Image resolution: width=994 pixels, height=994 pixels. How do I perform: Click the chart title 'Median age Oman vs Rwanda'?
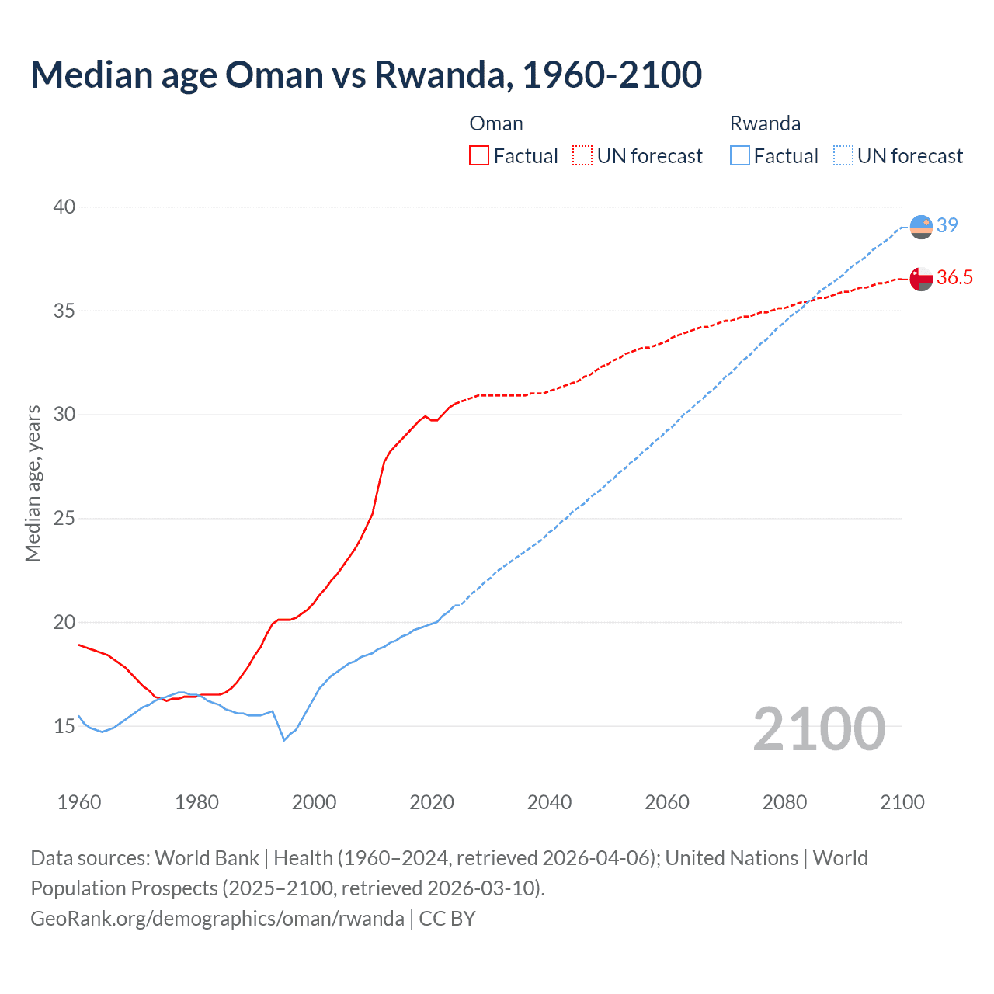366,75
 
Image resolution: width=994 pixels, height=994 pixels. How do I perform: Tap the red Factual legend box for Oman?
479,155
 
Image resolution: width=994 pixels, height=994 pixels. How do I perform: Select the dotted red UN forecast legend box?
582,155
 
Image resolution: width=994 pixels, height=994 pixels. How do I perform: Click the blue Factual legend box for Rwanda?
740,155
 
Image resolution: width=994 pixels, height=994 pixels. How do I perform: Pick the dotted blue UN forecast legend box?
843,155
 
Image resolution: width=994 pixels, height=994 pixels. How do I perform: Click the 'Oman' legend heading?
496,123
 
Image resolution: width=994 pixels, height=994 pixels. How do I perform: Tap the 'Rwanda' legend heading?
765,123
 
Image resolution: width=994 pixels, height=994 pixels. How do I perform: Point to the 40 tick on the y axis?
64,207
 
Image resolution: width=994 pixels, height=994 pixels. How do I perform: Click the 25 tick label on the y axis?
64,518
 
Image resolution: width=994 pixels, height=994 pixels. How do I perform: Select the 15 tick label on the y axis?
64,726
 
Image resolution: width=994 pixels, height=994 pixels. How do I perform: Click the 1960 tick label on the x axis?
79,802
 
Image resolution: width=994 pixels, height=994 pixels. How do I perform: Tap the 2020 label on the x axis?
432,802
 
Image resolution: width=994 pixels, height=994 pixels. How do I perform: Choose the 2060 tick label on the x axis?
667,802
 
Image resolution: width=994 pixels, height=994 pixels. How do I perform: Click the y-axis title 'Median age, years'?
33,483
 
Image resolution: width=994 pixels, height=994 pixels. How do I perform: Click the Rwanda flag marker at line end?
921,227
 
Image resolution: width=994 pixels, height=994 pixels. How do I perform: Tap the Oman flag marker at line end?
921,279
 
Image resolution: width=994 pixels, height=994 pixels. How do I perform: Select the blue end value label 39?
947,225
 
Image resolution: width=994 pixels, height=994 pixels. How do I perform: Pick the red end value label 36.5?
954,278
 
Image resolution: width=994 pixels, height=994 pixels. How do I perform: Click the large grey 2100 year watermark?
819,728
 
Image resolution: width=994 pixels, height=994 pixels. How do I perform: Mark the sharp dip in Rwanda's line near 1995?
284,740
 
